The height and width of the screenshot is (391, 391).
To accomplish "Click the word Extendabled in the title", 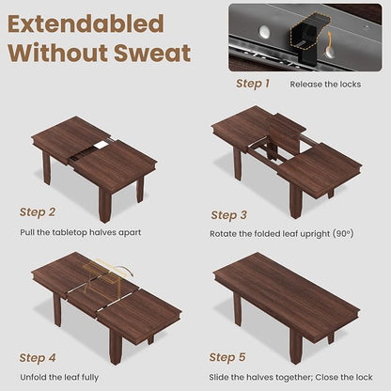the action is [86, 23].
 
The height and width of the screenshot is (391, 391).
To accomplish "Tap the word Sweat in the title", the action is [152, 53].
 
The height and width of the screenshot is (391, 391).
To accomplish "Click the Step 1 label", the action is [253, 84].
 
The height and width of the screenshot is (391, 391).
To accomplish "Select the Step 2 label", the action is [38, 211].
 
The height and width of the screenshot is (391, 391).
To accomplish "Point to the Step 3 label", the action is [228, 215].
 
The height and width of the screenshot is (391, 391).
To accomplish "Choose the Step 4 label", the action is [38, 357].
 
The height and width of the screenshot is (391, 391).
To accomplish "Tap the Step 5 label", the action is [227, 357].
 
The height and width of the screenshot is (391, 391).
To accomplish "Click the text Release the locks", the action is [325, 85].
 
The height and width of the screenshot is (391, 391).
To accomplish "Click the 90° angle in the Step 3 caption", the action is [343, 234].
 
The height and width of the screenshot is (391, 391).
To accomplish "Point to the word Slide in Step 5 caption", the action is [219, 377].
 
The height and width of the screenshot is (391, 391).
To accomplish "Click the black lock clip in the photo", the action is [309, 37].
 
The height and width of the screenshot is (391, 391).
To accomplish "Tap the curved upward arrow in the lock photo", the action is [330, 44].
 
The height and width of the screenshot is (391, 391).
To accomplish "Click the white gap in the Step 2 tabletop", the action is [102, 144].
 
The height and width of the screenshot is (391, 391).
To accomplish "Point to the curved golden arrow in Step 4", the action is [123, 267].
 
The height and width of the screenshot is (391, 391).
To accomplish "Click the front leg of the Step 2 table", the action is [104, 203].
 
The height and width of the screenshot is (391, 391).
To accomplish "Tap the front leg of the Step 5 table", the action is [296, 347].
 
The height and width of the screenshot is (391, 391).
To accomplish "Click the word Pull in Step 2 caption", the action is [27, 232].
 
